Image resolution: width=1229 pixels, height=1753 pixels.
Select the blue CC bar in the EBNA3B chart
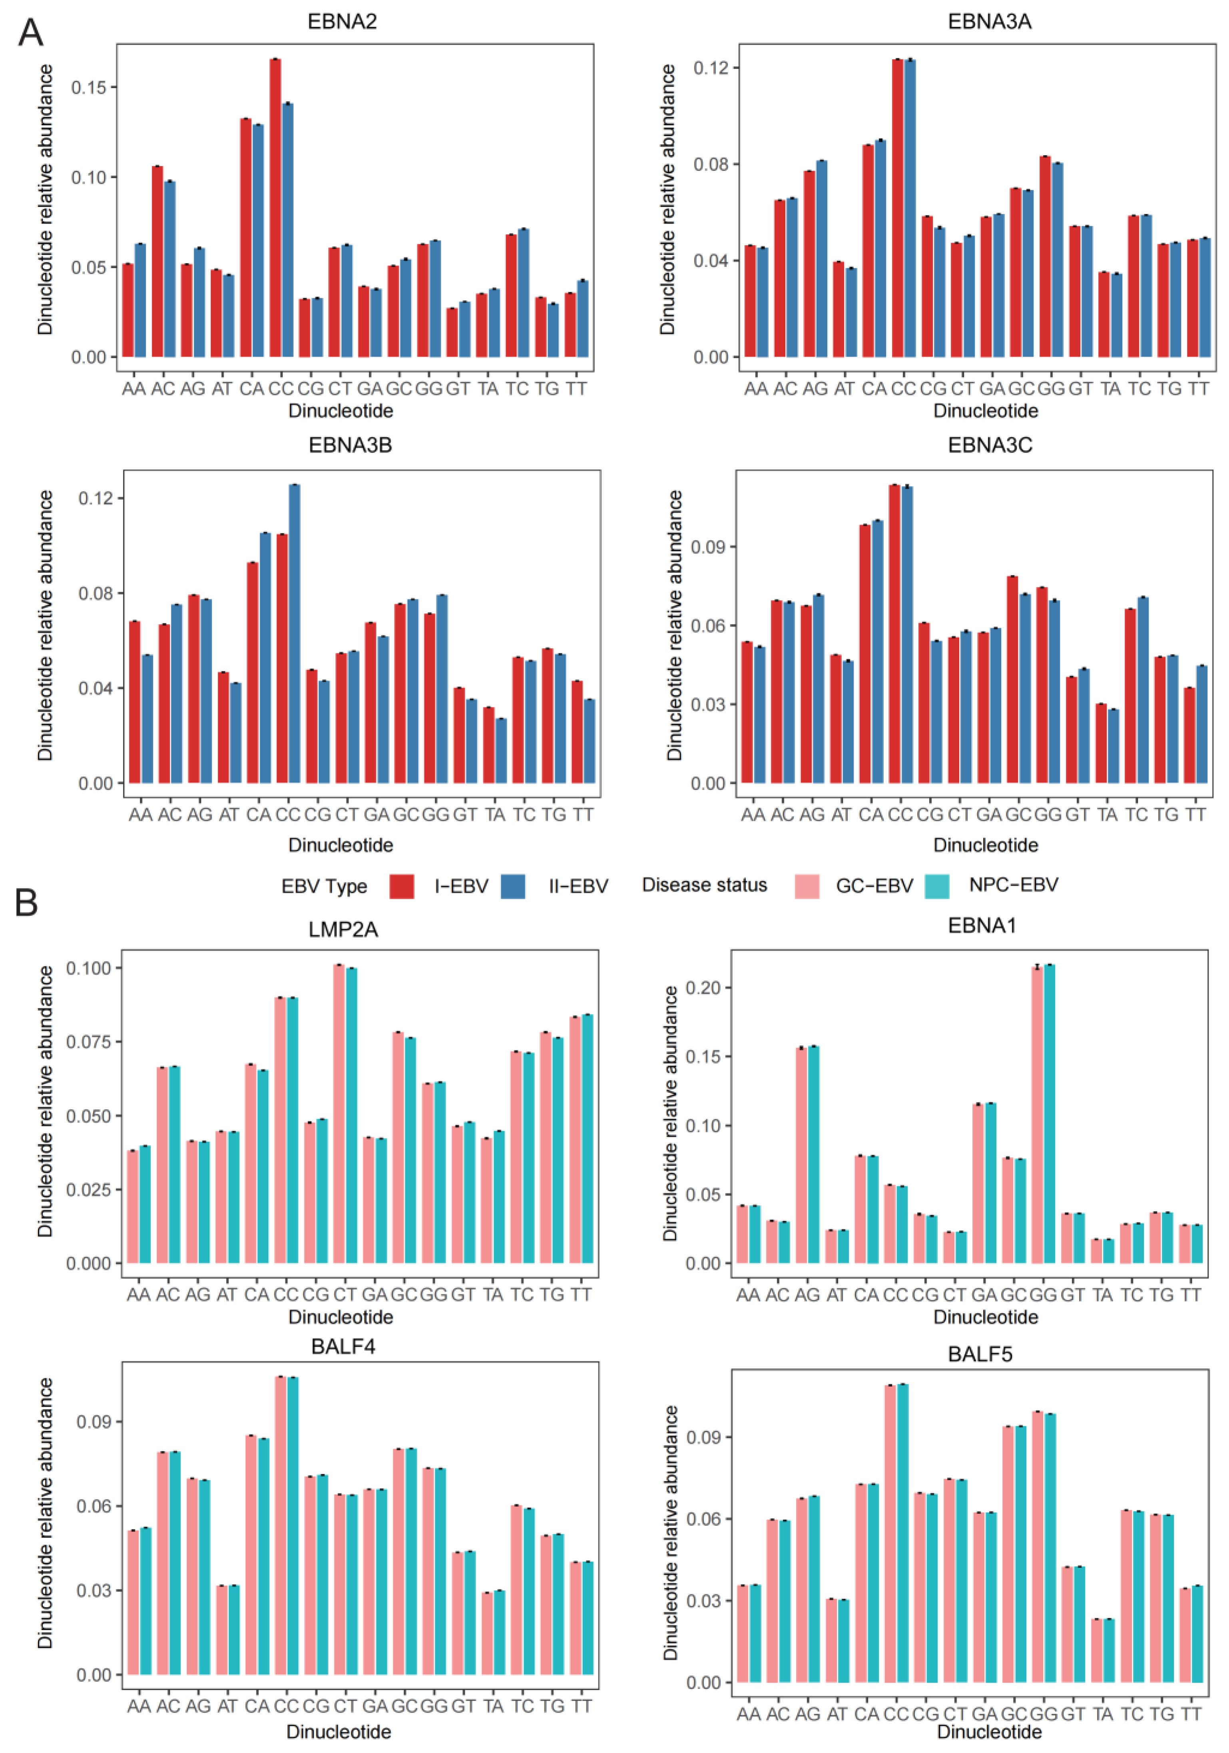(294, 634)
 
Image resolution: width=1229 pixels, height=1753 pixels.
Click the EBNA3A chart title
(989, 21)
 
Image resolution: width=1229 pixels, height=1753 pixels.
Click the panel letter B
(27, 902)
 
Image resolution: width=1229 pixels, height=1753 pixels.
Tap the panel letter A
(30, 33)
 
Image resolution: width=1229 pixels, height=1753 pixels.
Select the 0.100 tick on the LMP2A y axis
(89, 968)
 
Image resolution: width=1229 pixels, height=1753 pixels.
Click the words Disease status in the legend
(704, 885)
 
